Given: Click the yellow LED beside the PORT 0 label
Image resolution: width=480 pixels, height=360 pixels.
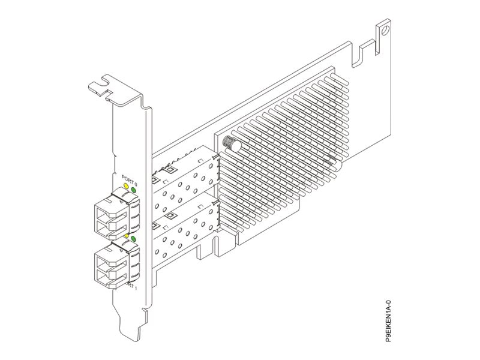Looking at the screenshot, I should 126,187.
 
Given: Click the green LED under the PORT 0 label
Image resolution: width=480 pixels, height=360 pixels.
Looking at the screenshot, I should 133,190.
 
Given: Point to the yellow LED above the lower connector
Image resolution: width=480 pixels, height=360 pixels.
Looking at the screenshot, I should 126,236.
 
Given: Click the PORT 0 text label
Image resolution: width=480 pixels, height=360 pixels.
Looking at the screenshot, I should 128,178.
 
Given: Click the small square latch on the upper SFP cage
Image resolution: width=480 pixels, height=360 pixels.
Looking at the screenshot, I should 170,170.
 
